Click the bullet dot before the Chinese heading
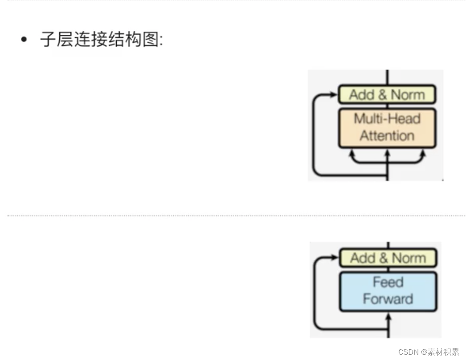(x=24, y=40)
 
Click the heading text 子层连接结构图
(x=101, y=40)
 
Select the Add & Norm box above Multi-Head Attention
(x=387, y=94)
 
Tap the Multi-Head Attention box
(x=387, y=127)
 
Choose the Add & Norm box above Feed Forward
(x=388, y=258)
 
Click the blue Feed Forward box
(x=388, y=291)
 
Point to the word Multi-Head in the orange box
(x=387, y=119)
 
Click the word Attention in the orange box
(x=387, y=135)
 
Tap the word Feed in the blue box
(x=388, y=282)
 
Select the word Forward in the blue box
(x=388, y=299)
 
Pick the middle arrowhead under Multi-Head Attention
(x=387, y=153)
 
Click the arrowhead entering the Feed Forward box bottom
(x=388, y=316)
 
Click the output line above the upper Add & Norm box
(x=387, y=77)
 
